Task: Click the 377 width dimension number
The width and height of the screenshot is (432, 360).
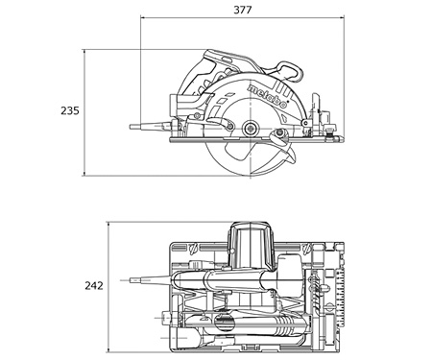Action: click(x=242, y=10)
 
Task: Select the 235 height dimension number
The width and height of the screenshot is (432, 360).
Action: click(x=70, y=110)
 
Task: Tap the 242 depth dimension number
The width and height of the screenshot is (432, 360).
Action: click(x=94, y=285)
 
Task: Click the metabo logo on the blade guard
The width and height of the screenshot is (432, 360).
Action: click(x=267, y=96)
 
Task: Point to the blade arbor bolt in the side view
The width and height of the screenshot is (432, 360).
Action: click(x=250, y=129)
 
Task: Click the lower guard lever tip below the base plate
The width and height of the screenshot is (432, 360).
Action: click(x=293, y=158)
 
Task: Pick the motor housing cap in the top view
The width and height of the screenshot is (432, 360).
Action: click(x=252, y=230)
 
